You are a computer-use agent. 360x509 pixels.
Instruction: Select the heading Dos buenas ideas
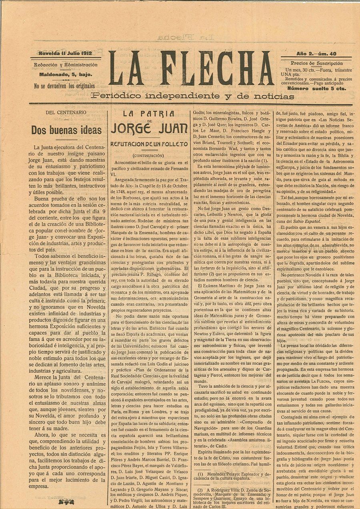66,130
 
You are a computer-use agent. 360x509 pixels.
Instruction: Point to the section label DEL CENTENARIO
66,112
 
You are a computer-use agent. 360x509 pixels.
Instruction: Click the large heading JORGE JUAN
149,129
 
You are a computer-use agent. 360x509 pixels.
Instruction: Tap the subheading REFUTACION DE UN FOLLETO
149,144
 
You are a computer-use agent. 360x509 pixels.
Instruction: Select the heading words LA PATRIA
149,113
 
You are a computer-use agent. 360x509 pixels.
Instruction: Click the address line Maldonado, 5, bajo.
66,74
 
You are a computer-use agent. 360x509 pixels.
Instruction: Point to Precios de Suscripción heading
316,63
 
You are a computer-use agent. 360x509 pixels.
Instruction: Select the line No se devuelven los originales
64,86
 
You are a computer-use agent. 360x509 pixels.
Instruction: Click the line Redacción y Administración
66,65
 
